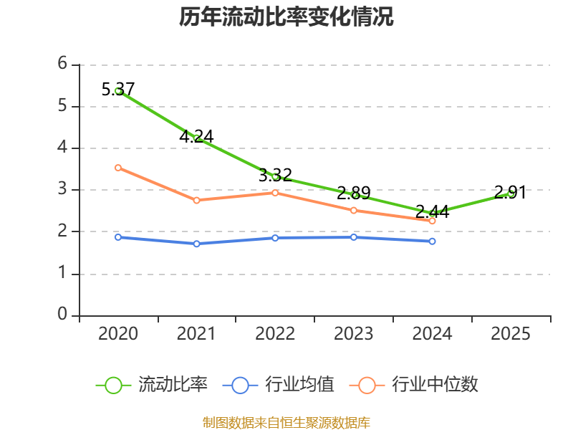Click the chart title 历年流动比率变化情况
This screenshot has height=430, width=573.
286,16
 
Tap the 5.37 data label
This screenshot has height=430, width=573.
118,89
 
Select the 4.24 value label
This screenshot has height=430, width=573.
196,136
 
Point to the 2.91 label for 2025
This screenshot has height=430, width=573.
510,192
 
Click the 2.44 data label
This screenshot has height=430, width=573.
433,211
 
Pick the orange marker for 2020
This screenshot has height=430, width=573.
118,168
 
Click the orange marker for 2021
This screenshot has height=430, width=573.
196,201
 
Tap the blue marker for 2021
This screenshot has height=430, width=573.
196,244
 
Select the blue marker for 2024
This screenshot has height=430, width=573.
433,242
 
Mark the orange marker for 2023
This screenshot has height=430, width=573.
354,210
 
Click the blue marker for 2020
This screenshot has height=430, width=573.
118,237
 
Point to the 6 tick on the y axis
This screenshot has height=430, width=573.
62,63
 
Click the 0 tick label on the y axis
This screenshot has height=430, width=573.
62,314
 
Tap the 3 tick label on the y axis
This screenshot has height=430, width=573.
62,188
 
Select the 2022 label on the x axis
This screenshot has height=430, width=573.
275,333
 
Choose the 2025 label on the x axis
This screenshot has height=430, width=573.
511,333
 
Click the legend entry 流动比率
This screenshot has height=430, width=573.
151,385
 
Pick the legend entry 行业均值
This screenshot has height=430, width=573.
278,385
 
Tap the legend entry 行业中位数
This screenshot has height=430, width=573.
414,385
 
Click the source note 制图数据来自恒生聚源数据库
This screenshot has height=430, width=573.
286,423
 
